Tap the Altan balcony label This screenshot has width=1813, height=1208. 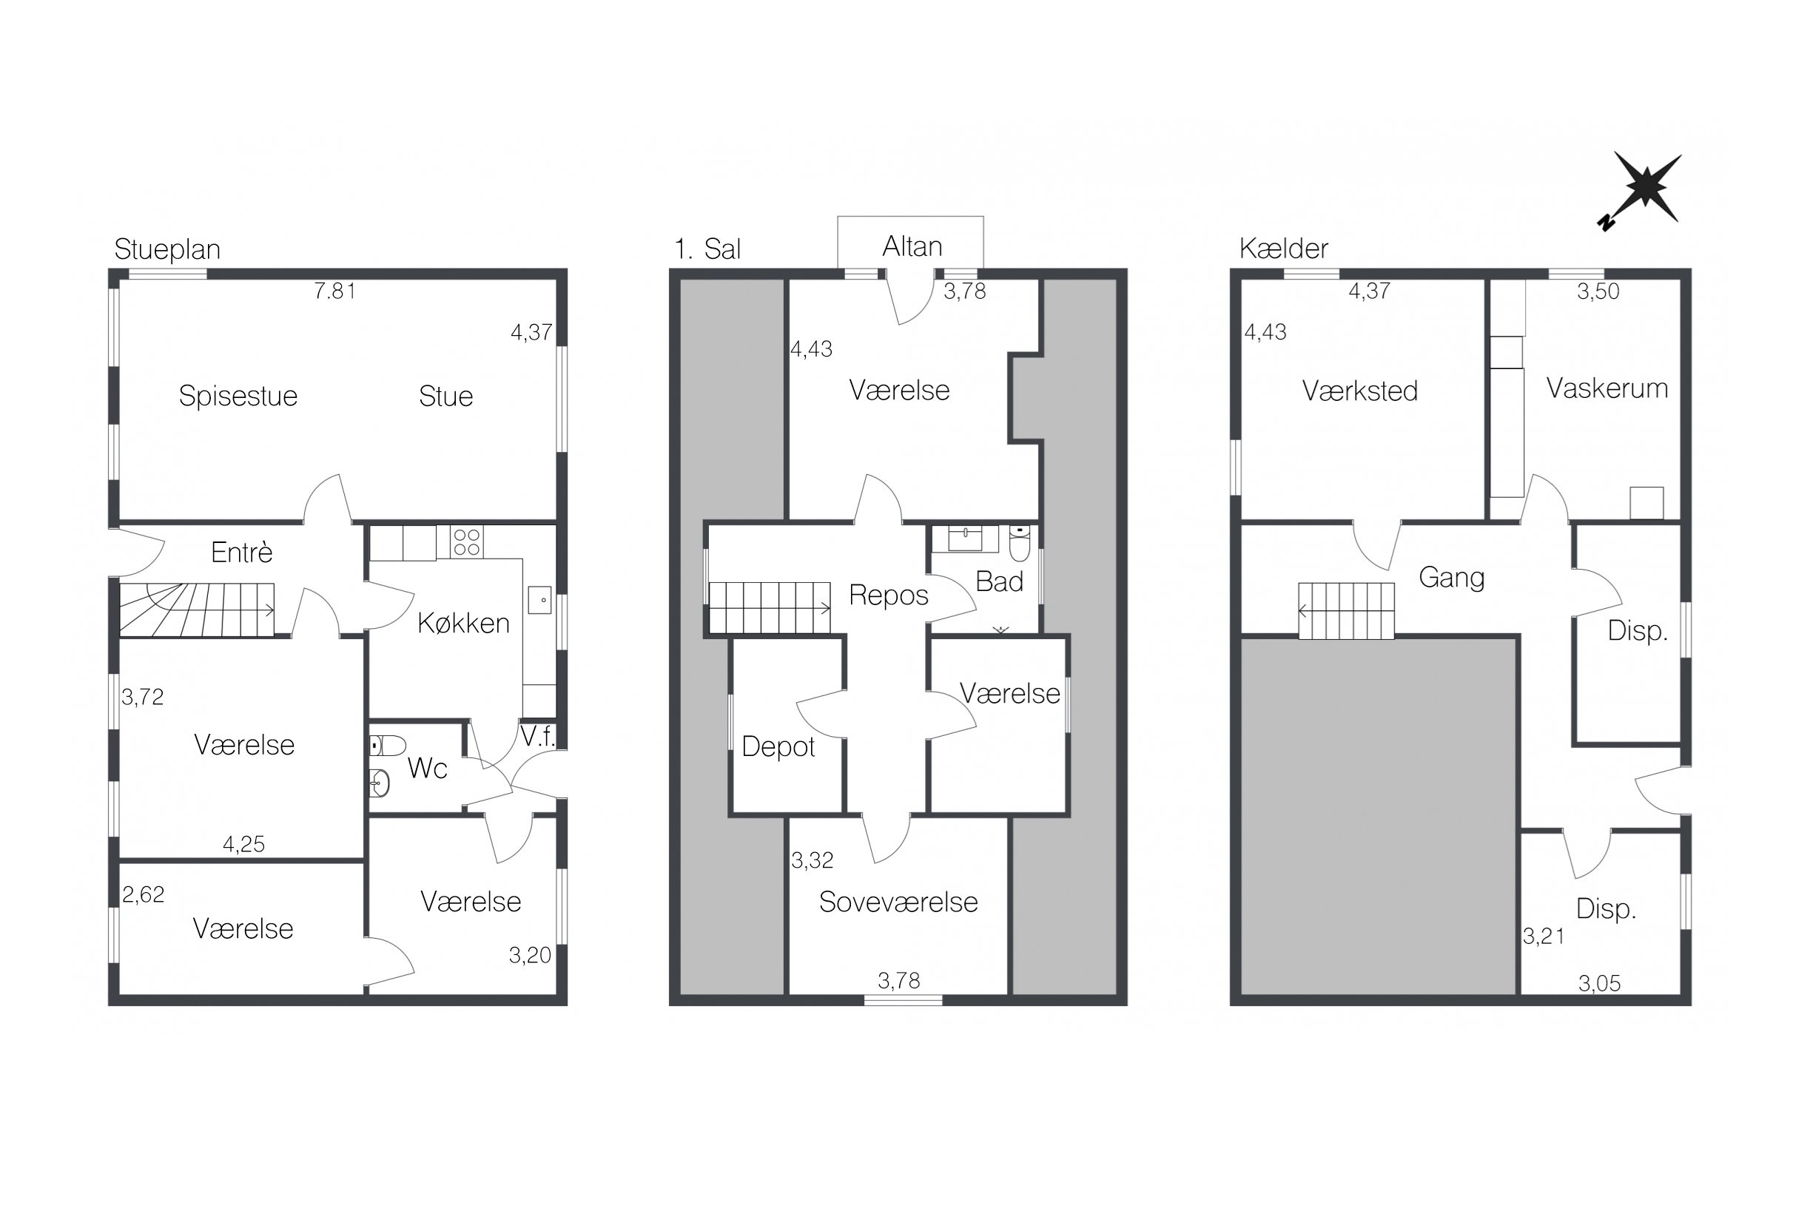tap(912, 246)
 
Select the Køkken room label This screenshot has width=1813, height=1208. tap(463, 622)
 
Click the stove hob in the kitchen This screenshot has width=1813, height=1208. tap(467, 541)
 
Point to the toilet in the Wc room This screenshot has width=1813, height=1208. tap(388, 746)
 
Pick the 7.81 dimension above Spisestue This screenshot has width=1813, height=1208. tap(334, 291)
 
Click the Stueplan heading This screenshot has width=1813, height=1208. tap(167, 249)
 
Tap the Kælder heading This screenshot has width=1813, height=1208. tap(1284, 248)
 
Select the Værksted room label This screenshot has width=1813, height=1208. tap(1360, 391)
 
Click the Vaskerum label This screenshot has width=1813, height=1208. tap(1607, 388)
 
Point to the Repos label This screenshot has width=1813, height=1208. tap(889, 595)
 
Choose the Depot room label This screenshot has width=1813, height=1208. tap(778, 746)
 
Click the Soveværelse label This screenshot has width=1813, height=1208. tap(898, 902)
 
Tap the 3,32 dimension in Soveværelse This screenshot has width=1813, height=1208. tap(812, 860)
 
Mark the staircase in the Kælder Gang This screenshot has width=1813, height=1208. tap(1346, 611)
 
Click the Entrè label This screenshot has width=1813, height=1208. tap(242, 553)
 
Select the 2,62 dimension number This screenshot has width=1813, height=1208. tap(144, 894)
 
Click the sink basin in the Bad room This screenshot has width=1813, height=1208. tap(966, 539)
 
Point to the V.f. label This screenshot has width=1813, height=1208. tap(538, 737)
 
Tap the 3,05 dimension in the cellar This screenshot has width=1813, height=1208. tap(1600, 983)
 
